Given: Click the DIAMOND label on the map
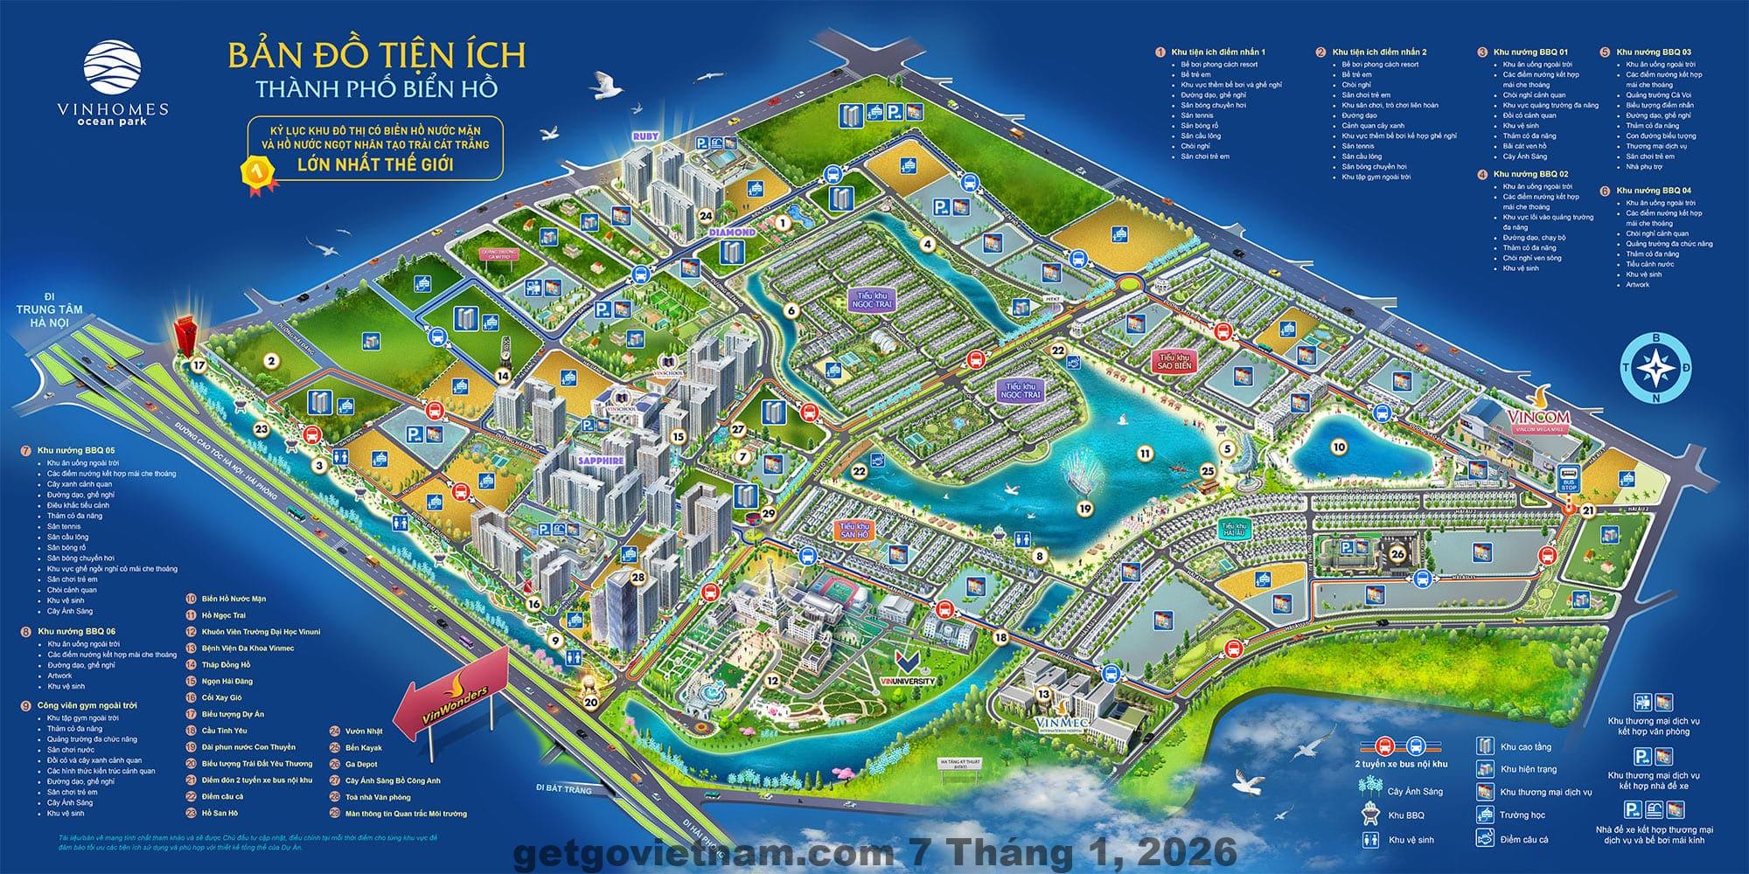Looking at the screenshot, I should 731,232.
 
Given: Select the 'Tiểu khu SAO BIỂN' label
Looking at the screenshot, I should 1174,363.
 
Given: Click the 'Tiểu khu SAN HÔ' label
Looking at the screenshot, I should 854,529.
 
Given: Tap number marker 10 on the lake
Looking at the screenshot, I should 1339,447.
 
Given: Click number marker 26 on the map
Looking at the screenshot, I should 1397,553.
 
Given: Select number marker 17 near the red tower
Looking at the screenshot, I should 199,365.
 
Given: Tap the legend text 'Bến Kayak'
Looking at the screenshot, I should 364,748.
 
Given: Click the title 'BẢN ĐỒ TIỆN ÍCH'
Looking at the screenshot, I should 377,55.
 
